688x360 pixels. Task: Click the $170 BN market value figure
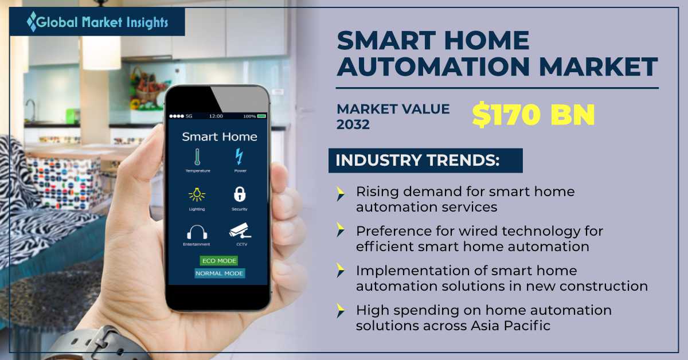(x=534, y=115)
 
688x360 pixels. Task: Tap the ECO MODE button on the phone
(x=219, y=261)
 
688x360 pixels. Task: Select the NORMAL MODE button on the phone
(x=219, y=273)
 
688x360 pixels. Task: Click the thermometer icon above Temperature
(x=197, y=157)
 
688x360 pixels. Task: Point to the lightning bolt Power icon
(x=239, y=156)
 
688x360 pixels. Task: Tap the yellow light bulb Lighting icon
(x=197, y=194)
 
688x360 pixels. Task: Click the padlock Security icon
(x=240, y=194)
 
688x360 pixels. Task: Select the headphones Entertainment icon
(x=197, y=232)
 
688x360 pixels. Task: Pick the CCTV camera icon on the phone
(x=240, y=230)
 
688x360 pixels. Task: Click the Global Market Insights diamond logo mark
(x=32, y=22)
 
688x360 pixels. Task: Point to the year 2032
(x=353, y=124)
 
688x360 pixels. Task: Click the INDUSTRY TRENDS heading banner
(x=425, y=161)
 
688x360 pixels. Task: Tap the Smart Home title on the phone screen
(x=219, y=136)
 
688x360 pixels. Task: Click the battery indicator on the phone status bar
(x=261, y=116)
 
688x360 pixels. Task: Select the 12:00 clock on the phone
(x=216, y=116)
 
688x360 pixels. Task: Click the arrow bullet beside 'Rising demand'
(x=341, y=194)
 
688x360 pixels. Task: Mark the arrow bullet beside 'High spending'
(x=341, y=311)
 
